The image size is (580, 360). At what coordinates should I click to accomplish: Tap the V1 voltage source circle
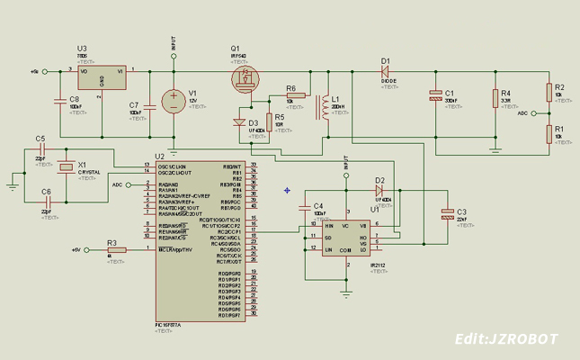tap(174, 100)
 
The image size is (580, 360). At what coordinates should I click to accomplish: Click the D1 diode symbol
tap(388, 69)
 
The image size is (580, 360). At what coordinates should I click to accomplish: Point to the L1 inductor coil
tap(323, 108)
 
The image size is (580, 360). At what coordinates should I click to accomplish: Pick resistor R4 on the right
tap(495, 98)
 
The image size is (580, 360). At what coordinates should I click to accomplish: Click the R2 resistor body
tap(549, 92)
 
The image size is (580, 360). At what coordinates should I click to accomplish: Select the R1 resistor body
tap(549, 133)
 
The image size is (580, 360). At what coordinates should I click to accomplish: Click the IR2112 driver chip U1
tap(346, 237)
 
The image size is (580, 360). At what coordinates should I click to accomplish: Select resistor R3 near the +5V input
tap(112, 249)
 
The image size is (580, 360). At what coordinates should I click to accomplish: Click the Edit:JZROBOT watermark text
tap(506, 339)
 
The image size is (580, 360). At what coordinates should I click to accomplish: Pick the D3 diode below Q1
tap(240, 122)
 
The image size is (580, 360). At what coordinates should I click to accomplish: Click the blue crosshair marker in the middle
tap(287, 190)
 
